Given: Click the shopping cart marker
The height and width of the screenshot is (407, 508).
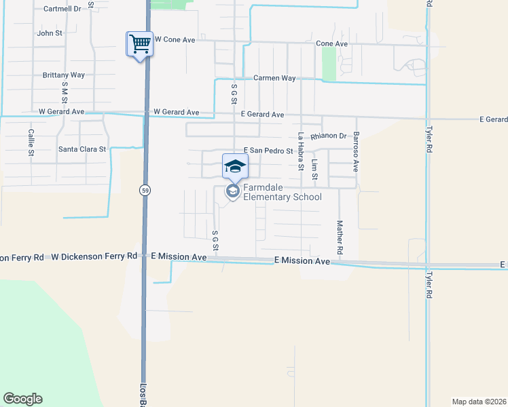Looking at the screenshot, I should (139, 45).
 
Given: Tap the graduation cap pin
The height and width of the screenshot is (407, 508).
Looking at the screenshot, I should (235, 166).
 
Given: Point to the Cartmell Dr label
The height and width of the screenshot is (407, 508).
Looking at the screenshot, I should (62, 9).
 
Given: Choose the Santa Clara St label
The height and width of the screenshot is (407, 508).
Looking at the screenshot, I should (82, 149).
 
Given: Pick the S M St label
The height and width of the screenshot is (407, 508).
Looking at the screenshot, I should (65, 93).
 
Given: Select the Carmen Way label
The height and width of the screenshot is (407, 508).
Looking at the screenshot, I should (274, 78).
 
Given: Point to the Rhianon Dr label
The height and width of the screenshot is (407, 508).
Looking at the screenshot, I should (329, 136).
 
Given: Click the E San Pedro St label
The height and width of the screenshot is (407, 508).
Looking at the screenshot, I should (268, 151).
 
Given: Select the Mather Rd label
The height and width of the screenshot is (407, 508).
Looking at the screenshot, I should (340, 237).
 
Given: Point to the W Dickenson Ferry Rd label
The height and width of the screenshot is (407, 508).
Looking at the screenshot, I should (94, 256).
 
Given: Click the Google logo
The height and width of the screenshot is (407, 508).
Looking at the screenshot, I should (22, 399).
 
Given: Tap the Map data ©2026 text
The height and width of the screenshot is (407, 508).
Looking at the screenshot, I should (479, 402).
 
